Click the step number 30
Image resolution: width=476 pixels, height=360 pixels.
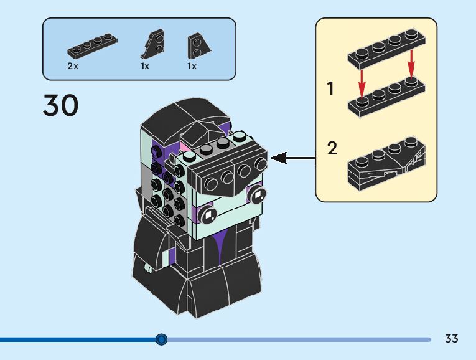click(61, 105)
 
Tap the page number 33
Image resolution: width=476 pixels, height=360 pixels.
click(451, 338)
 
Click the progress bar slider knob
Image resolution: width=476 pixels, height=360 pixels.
click(161, 339)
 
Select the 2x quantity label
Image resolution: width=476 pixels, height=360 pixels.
click(73, 66)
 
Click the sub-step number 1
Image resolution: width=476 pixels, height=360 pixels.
click(330, 88)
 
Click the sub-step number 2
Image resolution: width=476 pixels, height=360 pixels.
click(332, 148)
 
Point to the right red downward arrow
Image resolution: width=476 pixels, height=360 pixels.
click(411, 64)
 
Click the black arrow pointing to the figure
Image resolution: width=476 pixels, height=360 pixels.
click(293, 158)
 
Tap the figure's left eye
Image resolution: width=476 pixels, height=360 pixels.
click(208, 214)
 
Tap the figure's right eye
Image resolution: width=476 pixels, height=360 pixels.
click(258, 194)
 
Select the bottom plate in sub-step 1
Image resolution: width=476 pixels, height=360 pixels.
click(387, 97)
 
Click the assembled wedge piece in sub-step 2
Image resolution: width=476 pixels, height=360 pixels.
click(387, 164)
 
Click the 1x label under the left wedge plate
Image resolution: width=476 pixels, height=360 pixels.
click(145, 66)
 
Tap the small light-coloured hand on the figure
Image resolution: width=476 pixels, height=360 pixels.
click(149, 268)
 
